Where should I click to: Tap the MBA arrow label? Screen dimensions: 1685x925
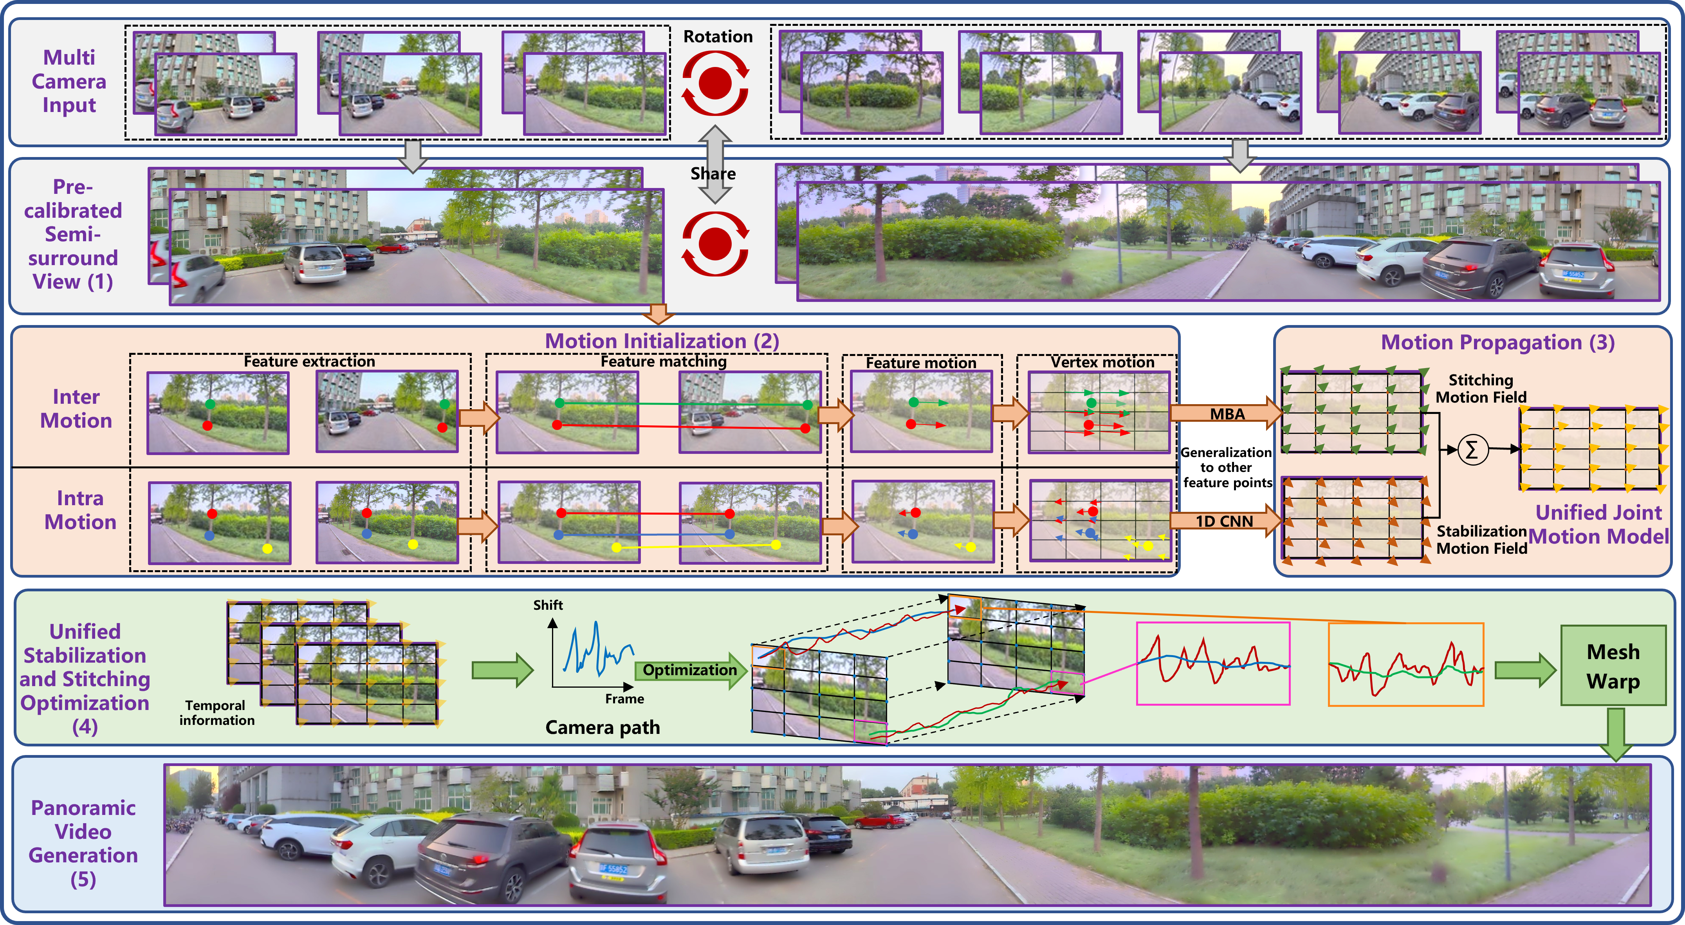point(1227,414)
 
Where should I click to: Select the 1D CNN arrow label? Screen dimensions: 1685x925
point(1225,521)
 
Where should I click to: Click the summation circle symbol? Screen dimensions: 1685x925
point(1472,450)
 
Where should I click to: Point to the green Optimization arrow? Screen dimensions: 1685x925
point(691,670)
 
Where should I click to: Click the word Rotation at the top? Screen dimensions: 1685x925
point(718,37)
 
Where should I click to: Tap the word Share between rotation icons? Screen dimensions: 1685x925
point(713,173)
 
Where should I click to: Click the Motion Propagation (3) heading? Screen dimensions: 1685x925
point(1498,342)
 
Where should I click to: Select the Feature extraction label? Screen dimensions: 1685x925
point(309,361)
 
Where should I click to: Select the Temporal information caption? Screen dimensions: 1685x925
point(216,712)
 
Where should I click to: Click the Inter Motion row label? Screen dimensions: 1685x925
point(76,408)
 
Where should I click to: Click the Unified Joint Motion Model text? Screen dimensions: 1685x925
point(1598,524)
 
